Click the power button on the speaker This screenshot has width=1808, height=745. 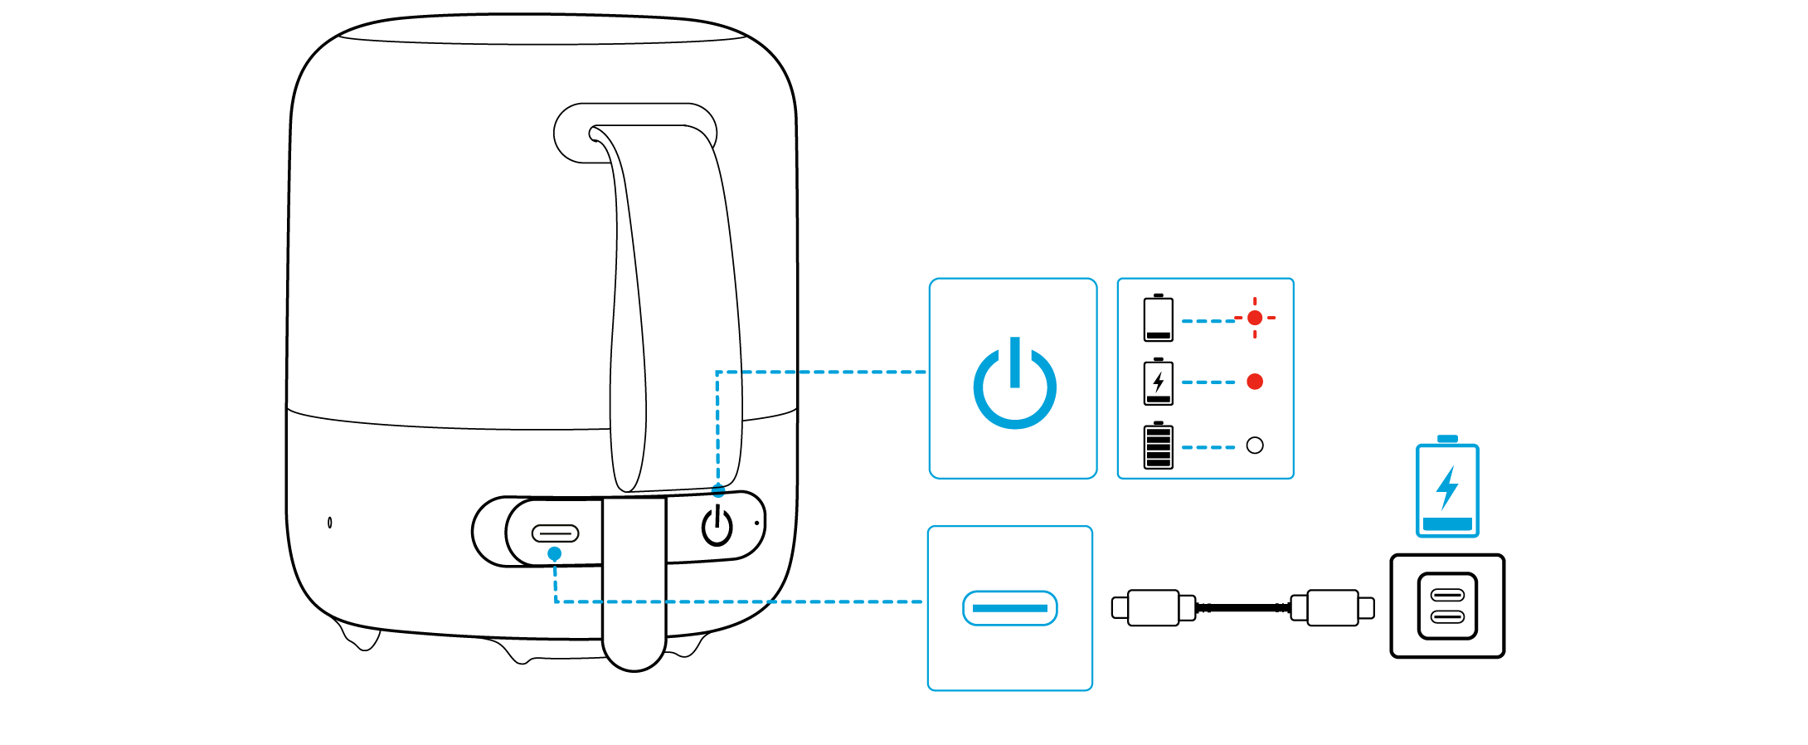717,527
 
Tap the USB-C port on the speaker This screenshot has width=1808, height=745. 555,533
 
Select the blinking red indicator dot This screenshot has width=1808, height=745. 1255,318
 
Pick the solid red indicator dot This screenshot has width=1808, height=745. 1255,382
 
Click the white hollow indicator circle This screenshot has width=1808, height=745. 1255,446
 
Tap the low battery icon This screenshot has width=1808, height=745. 1158,318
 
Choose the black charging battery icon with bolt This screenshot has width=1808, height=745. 1158,382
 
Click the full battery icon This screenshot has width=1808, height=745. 1158,446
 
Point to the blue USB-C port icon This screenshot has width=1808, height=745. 1009,608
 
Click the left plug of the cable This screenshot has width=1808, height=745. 1152,608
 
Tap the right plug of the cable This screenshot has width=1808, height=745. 1333,608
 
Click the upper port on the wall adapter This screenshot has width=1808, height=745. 1447,595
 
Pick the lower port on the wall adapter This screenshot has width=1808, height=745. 1447,617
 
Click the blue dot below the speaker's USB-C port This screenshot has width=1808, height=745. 555,553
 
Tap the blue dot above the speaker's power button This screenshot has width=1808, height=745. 718,491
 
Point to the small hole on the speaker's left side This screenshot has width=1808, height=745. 330,522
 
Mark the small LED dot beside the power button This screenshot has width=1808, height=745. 756,523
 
